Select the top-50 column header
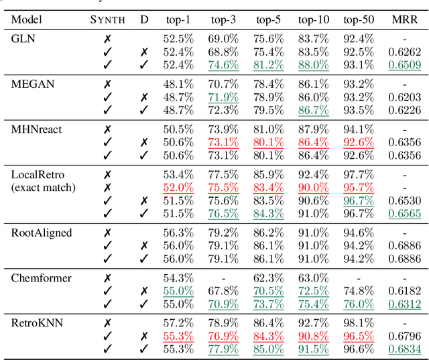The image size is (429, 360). coord(358,18)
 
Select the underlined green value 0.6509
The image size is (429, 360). coord(406,65)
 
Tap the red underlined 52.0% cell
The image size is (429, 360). coord(178,188)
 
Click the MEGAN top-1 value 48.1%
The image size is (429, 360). coord(178,84)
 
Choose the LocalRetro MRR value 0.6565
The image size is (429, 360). coord(406,213)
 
